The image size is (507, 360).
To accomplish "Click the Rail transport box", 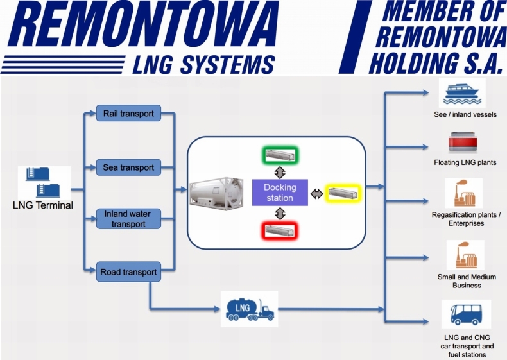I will (x=128, y=114).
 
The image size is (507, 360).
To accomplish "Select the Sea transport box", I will (x=128, y=168).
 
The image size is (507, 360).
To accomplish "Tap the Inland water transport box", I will (x=128, y=219).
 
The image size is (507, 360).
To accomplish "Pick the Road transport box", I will (x=128, y=272).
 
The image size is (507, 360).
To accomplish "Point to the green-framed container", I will (x=280, y=155).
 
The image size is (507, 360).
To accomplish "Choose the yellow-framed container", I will (x=344, y=192).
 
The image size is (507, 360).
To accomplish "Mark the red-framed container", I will (x=280, y=230).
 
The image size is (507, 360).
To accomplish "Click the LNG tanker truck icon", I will (x=249, y=309).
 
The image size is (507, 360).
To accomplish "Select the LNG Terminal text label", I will (x=43, y=206).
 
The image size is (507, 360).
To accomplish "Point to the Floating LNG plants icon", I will (x=463, y=142).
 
